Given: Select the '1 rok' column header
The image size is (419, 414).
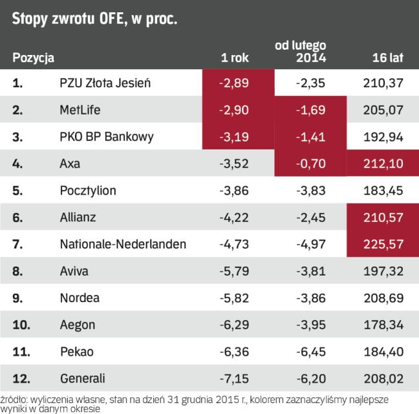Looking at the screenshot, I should pyautogui.click(x=234, y=58).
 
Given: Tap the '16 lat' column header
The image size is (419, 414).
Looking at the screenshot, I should pyautogui.click(x=387, y=58).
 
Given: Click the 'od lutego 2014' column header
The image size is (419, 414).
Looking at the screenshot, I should pyautogui.click(x=308, y=51).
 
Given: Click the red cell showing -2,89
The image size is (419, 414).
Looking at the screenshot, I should pyautogui.click(x=234, y=83).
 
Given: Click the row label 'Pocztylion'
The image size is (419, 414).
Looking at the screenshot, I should pyautogui.click(x=83, y=191).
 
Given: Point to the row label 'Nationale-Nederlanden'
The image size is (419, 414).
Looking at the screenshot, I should pyautogui.click(x=123, y=245).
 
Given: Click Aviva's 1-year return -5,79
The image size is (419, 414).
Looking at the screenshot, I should pyautogui.click(x=234, y=271).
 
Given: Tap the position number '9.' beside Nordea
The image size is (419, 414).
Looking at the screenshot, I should pyautogui.click(x=17, y=298).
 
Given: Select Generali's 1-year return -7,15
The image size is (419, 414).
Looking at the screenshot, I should pyautogui.click(x=234, y=378).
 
